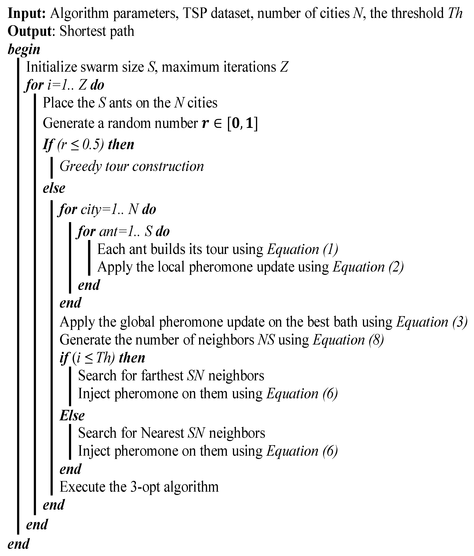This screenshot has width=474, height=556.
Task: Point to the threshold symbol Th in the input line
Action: (455, 13)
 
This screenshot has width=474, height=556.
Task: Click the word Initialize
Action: (52, 67)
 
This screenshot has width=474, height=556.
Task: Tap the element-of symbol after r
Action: (218, 124)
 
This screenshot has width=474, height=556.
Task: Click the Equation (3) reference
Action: (432, 322)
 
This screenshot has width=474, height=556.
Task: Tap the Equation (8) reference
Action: (348, 340)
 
